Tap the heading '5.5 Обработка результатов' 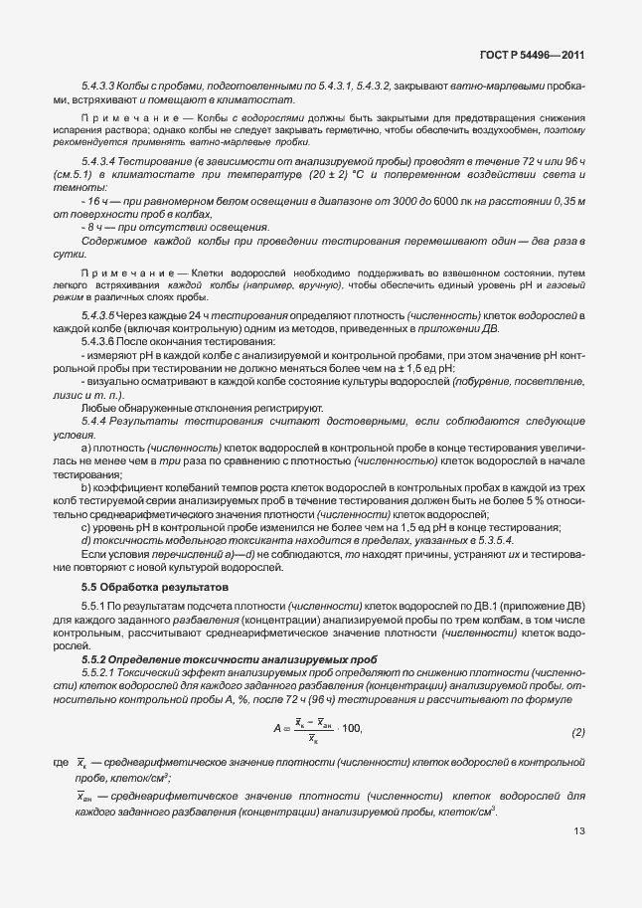tap(155, 588)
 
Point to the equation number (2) tap(578, 732)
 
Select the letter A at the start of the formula tap(279, 731)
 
